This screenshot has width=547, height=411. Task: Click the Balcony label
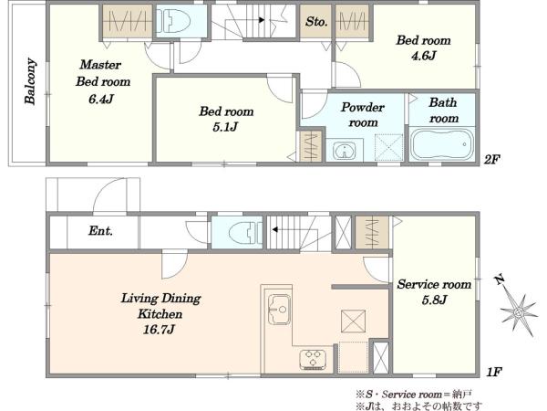[30, 81]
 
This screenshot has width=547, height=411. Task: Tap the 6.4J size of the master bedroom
[101, 100]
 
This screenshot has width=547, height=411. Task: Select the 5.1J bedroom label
[226, 119]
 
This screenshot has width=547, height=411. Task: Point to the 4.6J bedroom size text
[424, 56]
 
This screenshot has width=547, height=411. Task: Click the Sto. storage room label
[316, 22]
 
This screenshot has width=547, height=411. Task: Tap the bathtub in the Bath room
[441, 144]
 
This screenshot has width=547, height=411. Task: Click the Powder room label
[363, 115]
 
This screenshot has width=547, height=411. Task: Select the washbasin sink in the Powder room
[345, 151]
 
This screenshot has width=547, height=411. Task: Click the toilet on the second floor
[173, 21]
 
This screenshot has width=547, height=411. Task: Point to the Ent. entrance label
[101, 231]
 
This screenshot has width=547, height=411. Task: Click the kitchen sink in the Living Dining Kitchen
[279, 310]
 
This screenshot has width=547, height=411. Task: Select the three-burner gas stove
[313, 359]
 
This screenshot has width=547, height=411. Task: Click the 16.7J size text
[159, 329]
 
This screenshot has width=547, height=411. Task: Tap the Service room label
[434, 284]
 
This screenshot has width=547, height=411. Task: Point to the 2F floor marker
[492, 159]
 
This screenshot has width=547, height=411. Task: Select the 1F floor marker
[494, 372]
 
